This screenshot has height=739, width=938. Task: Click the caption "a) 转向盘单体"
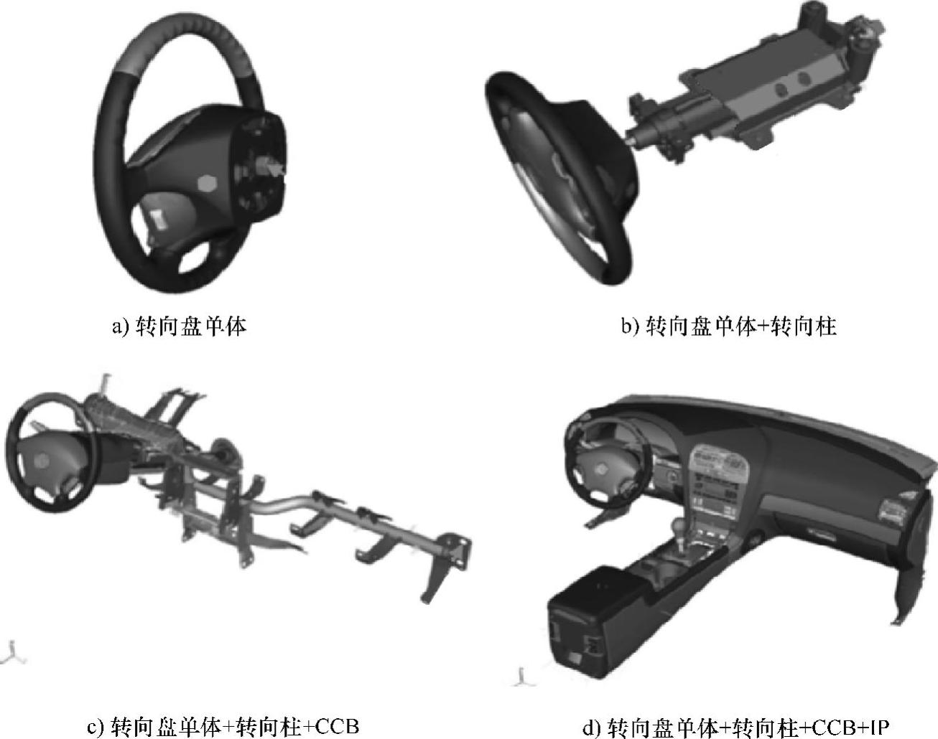pos(179,326)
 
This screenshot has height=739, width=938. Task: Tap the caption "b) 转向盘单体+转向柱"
pos(729,326)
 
